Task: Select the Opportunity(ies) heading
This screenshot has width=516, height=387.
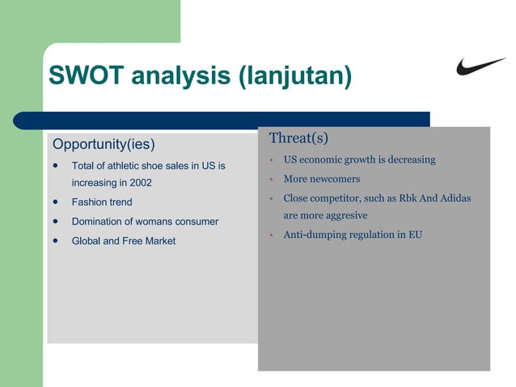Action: pyautogui.click(x=104, y=145)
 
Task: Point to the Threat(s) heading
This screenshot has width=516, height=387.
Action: pyautogui.click(x=298, y=138)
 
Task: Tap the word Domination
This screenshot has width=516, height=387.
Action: pyautogui.click(x=99, y=221)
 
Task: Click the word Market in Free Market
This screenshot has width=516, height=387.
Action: pyautogui.click(x=160, y=240)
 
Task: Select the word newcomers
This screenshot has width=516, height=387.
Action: pyautogui.click(x=333, y=179)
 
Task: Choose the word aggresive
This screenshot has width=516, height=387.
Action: pyautogui.click(x=341, y=215)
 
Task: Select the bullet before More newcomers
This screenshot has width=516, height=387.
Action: pyautogui.click(x=273, y=180)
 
